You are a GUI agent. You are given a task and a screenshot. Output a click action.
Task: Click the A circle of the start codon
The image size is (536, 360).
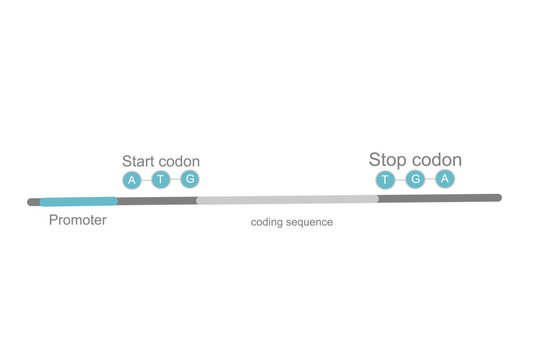click(131, 180)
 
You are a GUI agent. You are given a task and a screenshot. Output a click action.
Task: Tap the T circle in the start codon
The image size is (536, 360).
click(161, 180)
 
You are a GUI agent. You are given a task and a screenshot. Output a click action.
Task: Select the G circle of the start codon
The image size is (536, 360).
click(191, 179)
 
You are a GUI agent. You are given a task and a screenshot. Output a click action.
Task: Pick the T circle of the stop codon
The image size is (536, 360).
click(386, 180)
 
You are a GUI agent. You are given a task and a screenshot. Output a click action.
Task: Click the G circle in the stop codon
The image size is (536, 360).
click(416, 180)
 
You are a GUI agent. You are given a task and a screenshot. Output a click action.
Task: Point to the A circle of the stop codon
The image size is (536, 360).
click(446, 179)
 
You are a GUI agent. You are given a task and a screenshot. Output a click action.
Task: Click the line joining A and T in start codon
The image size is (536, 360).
click(146, 180)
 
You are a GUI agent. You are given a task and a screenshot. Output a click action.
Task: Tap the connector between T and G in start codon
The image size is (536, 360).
click(176, 180)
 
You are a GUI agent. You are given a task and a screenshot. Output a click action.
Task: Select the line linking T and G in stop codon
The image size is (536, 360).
click(401, 180)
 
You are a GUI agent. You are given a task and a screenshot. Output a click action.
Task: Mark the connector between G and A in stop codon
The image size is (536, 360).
click(431, 180)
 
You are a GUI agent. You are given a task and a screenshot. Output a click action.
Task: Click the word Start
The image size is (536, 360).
click(139, 161)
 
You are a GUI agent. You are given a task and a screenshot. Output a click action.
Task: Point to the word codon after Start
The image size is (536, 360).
click(180, 161)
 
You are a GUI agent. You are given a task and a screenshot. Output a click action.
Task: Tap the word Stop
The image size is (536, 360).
click(388, 160)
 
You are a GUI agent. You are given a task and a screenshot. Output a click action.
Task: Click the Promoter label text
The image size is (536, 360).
click(78, 220)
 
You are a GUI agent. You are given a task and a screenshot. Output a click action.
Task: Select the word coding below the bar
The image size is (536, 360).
click(269, 222)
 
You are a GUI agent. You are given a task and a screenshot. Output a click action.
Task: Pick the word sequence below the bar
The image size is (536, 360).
click(311, 222)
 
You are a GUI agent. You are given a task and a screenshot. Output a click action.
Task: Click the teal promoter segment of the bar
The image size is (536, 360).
click(78, 201)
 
